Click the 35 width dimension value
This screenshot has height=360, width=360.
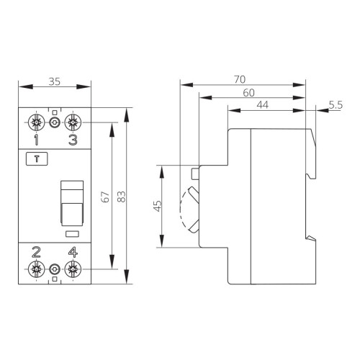coord(55,81)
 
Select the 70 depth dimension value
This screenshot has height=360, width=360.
coord(240,79)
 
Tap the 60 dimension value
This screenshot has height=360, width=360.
coord(248,93)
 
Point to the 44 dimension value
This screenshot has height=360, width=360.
coord(263,105)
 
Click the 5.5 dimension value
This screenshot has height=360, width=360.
coord(336,105)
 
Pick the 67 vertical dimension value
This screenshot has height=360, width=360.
coord(105,197)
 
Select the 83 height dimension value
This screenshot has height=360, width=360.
coord(122,197)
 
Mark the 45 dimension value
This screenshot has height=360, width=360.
coord(157,206)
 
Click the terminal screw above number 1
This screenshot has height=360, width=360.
coord(36,122)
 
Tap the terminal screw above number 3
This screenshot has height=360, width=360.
coord(73,122)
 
